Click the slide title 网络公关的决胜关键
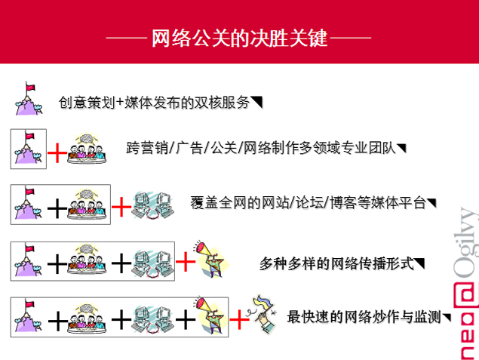[240, 38]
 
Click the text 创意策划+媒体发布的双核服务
[155, 103]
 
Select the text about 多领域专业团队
[261, 148]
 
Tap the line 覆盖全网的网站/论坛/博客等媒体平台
[309, 202]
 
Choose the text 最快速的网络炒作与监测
[364, 317]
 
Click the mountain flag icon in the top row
[29, 98]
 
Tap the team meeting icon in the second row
[87, 148]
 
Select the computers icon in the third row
[152, 205]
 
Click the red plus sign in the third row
[121, 207]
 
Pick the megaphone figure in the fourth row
[211, 259]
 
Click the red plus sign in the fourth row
[186, 262]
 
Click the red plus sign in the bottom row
[239, 319]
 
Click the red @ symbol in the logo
[465, 295]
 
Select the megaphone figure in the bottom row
[210, 315]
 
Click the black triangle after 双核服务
[256, 102]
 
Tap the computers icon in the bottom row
[152, 319]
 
